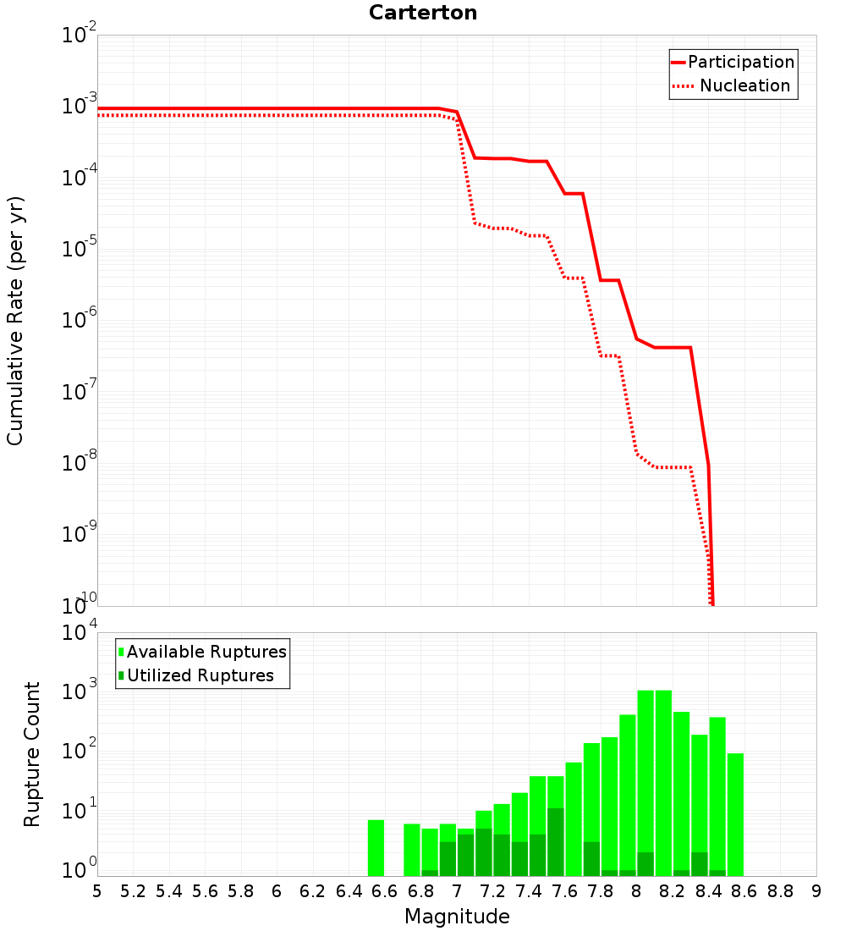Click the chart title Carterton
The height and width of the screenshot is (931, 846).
(x=423, y=13)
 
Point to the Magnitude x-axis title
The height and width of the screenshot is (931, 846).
(x=457, y=917)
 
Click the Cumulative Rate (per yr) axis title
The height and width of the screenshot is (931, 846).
(x=15, y=320)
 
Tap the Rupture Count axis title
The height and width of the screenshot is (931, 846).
(x=32, y=754)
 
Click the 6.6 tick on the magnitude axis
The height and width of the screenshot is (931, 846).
(x=384, y=891)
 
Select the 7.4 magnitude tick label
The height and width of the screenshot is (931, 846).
(x=529, y=891)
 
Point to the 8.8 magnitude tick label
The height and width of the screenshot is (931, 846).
(x=780, y=891)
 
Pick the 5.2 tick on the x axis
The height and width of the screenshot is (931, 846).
(x=133, y=891)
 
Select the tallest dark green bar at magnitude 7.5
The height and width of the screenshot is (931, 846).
(x=555, y=842)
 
